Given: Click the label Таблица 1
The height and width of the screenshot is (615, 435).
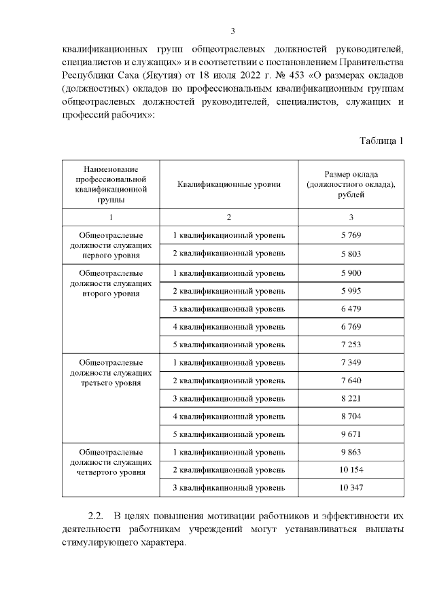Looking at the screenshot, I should [x=381, y=141].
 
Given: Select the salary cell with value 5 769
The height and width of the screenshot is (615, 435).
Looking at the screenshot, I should [x=351, y=235].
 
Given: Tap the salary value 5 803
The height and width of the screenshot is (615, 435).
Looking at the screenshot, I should [x=351, y=253].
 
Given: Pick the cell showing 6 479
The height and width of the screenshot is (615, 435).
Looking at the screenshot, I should [x=351, y=309].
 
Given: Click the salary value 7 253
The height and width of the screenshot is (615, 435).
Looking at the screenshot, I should [x=351, y=344].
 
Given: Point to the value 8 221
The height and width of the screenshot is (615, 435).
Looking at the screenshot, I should [x=351, y=398].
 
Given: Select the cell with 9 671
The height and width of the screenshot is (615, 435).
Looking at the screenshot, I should [x=351, y=433].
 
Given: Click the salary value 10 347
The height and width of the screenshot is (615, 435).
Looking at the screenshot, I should [x=351, y=487].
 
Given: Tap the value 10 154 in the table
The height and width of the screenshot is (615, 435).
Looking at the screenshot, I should [x=351, y=470].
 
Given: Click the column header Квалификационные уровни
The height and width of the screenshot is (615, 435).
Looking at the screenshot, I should [x=229, y=184].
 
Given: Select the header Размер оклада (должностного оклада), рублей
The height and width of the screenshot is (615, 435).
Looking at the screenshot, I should [x=351, y=184].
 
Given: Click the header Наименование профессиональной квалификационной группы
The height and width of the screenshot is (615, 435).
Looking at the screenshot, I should [x=111, y=184].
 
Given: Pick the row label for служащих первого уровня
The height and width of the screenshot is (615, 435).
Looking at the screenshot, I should [x=111, y=245].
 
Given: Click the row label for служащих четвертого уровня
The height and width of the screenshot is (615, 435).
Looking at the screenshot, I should [x=111, y=461].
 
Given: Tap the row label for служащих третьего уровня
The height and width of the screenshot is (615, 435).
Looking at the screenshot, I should [x=111, y=372].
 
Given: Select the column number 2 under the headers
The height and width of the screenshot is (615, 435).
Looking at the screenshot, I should [x=229, y=217].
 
